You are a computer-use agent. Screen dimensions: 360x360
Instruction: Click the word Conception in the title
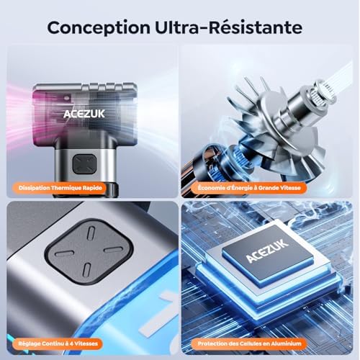(x=99, y=28)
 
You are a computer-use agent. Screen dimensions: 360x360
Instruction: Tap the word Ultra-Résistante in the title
(x=228, y=27)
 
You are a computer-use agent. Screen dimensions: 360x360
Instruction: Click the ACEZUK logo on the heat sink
(x=84, y=114)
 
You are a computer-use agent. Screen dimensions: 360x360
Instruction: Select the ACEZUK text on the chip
(x=267, y=251)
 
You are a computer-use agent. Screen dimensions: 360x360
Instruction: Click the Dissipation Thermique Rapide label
(x=60, y=188)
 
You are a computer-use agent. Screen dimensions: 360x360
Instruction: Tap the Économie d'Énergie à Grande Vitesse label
(x=249, y=188)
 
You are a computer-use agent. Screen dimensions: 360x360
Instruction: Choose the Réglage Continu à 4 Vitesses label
(x=58, y=343)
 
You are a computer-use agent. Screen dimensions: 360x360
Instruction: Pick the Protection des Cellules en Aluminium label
(x=249, y=343)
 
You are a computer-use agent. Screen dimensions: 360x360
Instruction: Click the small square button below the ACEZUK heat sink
(x=85, y=164)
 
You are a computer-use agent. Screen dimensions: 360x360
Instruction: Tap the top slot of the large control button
(x=91, y=233)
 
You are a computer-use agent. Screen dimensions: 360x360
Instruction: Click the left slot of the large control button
(x=64, y=253)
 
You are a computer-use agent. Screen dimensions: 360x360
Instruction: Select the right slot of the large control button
(x=114, y=249)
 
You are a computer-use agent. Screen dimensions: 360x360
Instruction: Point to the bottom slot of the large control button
(x=86, y=270)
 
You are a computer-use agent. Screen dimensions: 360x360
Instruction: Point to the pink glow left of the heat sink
(x=19, y=113)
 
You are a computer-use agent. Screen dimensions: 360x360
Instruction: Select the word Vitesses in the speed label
(x=86, y=343)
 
